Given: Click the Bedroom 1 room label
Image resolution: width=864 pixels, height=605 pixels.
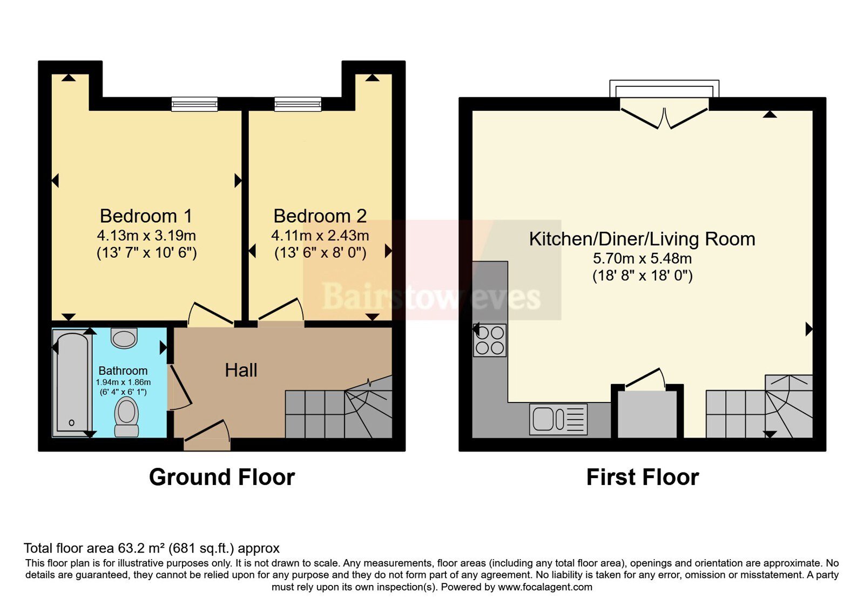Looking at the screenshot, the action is click(146, 216).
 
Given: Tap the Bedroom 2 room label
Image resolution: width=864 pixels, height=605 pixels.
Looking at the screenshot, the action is click(320, 216).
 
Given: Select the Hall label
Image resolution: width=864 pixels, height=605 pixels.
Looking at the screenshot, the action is click(241, 371).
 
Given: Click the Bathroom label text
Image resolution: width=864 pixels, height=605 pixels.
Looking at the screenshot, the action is click(123, 371).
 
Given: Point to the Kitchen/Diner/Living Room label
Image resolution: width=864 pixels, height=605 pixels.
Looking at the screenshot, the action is click(642, 239).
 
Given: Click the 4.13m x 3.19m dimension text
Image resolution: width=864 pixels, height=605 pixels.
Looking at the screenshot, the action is click(146, 236).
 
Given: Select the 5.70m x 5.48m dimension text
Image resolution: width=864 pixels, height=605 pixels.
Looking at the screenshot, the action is click(642, 259).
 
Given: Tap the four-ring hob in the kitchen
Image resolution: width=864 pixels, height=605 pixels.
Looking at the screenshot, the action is click(490, 340).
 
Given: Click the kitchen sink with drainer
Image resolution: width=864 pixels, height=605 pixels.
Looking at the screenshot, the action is click(558, 419).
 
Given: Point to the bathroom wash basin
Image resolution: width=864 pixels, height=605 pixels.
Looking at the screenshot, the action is click(124, 338).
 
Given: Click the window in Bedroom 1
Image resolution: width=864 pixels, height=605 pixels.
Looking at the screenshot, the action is click(194, 104).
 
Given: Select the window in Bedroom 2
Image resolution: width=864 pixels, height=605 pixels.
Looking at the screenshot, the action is click(298, 104).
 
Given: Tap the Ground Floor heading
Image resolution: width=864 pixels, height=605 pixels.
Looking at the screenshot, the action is click(222, 478).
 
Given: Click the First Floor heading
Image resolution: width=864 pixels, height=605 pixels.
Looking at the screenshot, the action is click(643, 478).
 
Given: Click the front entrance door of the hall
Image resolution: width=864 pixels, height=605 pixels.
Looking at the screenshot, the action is click(207, 436).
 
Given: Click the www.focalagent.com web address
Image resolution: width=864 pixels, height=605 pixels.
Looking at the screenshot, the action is click(545, 587).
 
